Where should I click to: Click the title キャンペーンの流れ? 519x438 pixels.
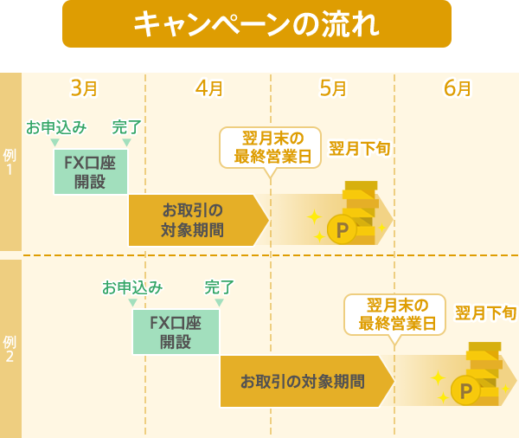[257, 24]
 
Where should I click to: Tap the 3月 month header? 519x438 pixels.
[83, 88]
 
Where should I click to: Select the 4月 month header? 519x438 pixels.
[208, 88]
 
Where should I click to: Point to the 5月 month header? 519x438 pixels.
[333, 88]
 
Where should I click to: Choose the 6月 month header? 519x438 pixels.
[458, 88]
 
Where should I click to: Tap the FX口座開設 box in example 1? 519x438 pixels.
[91, 171]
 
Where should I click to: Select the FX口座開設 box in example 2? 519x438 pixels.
[176, 332]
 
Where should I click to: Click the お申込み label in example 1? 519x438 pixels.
[56, 128]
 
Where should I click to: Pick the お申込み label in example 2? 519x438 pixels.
[132, 287]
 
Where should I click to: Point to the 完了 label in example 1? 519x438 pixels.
[127, 128]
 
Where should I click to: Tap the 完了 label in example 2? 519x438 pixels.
[219, 287]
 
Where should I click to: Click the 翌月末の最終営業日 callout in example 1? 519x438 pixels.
[271, 148]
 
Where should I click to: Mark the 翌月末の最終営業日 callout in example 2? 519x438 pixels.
[395, 315]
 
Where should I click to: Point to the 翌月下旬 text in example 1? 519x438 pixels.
[358, 148]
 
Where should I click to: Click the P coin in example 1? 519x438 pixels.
[343, 230]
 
